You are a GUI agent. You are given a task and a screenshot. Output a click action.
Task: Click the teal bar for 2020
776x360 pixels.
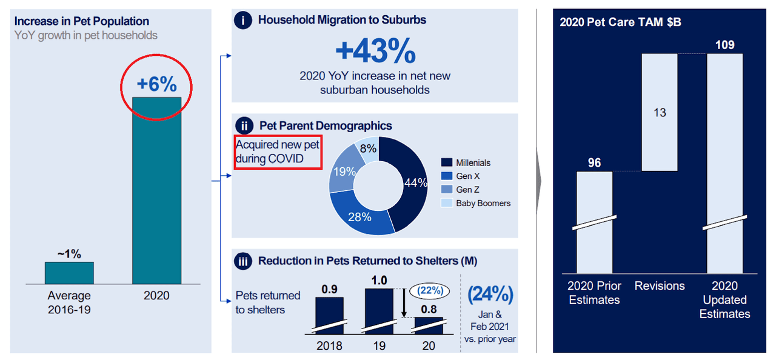coord(156,190)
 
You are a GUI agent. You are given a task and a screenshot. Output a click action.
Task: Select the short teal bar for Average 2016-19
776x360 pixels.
coord(69,273)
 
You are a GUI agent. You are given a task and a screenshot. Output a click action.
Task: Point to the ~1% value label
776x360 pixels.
coord(69,254)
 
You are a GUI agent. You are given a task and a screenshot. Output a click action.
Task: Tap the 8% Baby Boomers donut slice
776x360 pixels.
coord(369,148)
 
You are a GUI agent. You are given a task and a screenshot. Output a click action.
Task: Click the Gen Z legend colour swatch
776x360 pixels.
coord(446,190)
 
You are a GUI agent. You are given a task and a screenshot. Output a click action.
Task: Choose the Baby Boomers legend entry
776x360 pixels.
coord(483,203)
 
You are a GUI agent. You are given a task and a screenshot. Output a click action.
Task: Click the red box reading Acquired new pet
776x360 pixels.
coord(278,152)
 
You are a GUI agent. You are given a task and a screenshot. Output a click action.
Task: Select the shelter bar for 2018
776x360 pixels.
coord(329,315)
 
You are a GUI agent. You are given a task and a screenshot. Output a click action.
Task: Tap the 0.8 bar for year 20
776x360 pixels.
coord(428,325)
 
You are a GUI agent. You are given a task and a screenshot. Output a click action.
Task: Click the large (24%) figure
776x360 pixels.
coord(489,295)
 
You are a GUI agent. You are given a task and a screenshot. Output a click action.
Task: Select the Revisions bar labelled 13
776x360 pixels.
coord(660,112)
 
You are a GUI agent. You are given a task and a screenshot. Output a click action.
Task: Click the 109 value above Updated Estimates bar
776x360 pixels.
coord(724,45)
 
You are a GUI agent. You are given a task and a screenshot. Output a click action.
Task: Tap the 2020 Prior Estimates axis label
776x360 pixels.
coord(594,293)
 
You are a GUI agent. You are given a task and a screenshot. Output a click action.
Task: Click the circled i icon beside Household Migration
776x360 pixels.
coord(243,21)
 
